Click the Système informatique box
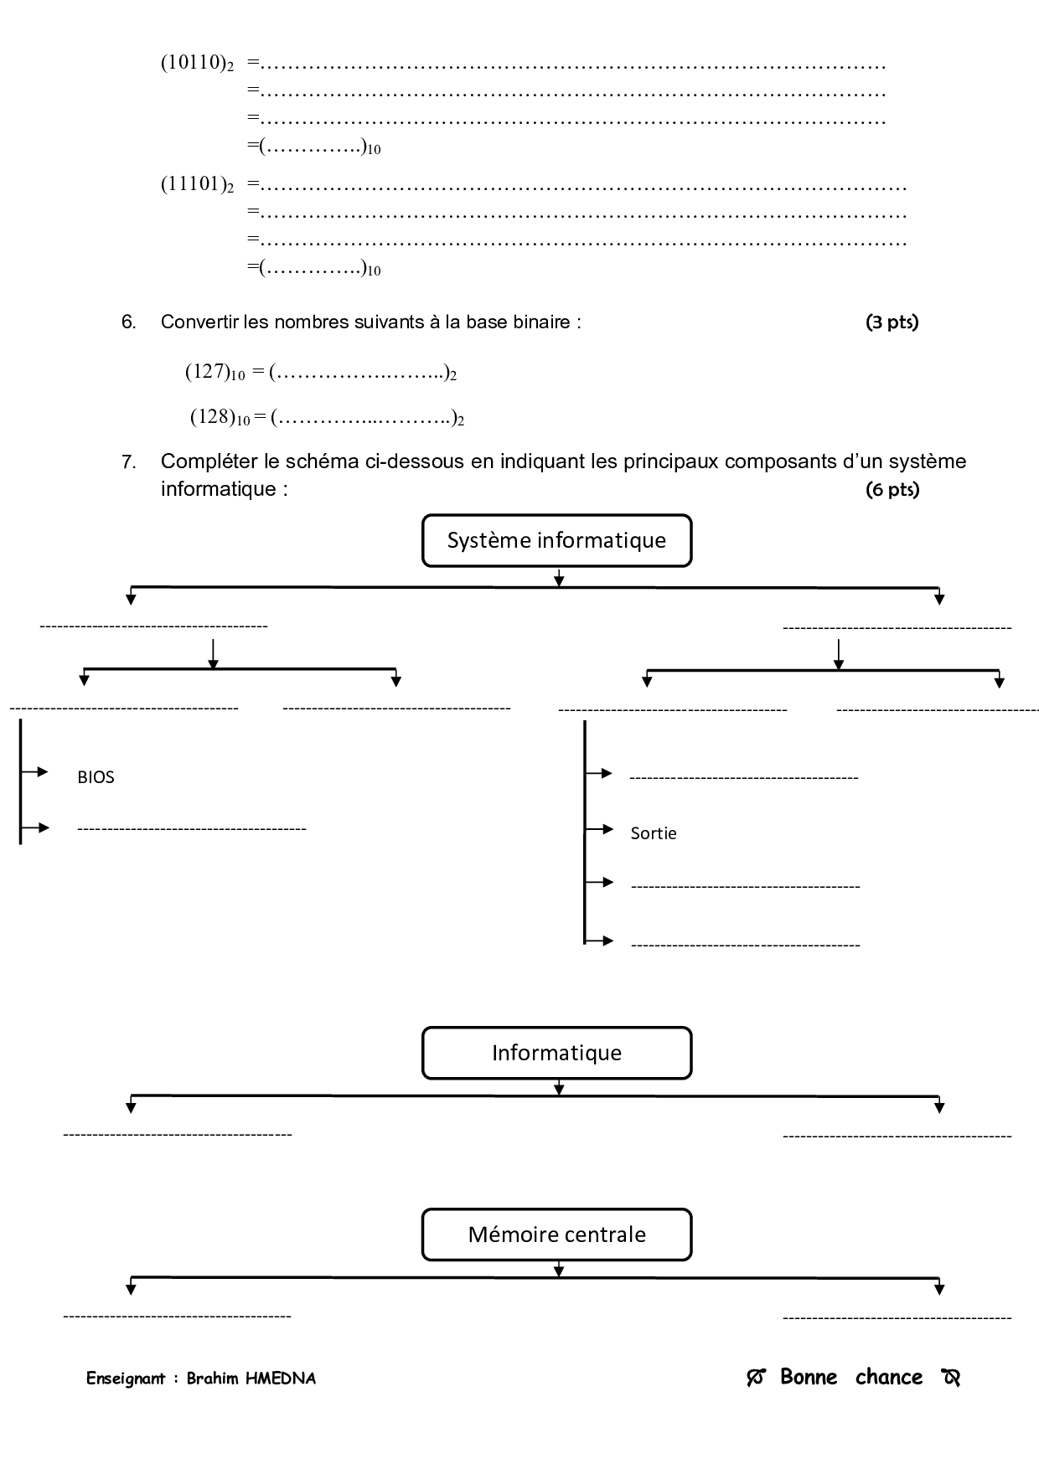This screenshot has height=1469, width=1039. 556,541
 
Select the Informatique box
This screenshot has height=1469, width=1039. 556,1053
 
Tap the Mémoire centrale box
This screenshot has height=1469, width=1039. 556,1234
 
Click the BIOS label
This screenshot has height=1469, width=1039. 96,777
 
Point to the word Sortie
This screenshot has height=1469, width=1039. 653,833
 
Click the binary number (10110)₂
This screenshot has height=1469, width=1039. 197,64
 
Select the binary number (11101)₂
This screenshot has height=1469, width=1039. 197,185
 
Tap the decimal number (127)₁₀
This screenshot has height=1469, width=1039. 215,372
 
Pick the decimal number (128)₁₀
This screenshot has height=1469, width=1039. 220,417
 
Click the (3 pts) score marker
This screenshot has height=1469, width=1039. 892,322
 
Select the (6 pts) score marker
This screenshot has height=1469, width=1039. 892,490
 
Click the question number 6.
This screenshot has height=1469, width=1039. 128,322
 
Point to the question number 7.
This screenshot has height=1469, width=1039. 128,461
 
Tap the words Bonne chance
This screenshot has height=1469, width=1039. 851,1377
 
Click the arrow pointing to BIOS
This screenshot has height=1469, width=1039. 34,771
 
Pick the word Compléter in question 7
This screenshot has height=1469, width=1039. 200,461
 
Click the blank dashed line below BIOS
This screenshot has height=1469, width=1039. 191,829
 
